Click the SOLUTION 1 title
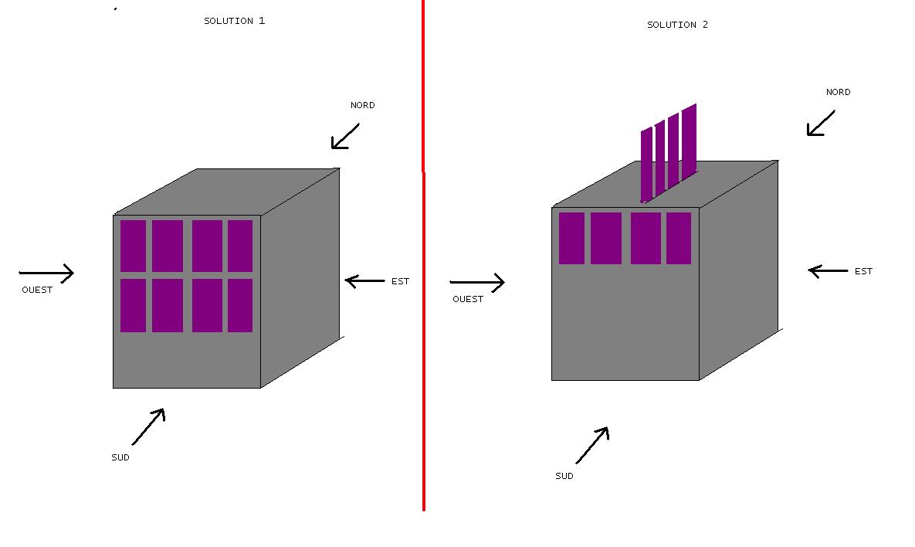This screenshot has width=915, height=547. [234, 21]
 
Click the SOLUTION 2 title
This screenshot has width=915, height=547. [677, 25]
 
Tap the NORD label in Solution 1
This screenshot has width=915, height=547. [362, 105]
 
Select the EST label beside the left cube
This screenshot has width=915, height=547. [400, 281]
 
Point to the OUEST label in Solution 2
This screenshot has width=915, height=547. [467, 299]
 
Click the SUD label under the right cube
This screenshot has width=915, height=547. [564, 476]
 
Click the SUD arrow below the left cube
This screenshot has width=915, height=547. [148, 426]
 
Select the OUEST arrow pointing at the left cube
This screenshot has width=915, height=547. [46, 273]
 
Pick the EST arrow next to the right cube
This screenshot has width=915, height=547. [828, 270]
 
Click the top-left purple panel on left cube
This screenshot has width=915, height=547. [133, 246]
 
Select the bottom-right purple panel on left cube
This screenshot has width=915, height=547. [239, 305]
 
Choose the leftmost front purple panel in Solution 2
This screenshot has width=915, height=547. [571, 238]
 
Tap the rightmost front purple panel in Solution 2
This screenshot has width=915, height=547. [679, 238]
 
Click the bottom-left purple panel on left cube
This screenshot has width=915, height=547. [133, 305]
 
